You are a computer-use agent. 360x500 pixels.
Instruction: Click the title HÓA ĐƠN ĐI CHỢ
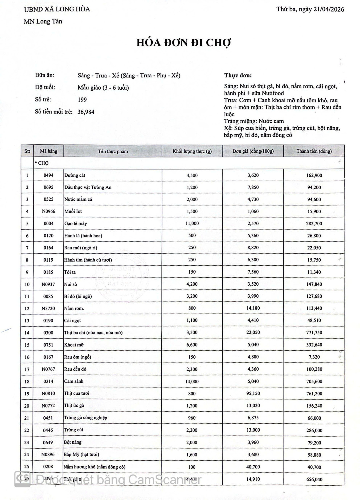184,43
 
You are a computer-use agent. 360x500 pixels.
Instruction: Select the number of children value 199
82,100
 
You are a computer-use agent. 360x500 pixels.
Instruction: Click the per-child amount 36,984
86,112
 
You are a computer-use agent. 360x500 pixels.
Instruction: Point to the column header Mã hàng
48,151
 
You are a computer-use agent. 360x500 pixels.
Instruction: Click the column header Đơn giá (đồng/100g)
253,151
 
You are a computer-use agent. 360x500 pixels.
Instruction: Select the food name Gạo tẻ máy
76,224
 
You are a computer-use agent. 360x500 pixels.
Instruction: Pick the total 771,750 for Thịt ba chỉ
314,333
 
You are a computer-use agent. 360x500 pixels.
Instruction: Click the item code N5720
48,308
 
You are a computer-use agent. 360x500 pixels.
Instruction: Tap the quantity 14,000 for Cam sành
192,381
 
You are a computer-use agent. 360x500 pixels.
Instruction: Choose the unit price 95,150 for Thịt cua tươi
253,394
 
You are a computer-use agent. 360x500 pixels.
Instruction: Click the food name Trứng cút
74,430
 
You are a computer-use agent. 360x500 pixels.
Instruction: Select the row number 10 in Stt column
27,284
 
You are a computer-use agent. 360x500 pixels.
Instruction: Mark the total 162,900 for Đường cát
314,175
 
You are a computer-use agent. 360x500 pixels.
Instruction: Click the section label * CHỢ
42,163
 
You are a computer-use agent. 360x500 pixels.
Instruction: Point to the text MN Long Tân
43,22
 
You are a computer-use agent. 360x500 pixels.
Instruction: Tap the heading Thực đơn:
238,76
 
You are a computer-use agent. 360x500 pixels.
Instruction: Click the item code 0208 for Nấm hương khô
48,467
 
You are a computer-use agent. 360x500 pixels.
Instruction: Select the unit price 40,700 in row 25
253,467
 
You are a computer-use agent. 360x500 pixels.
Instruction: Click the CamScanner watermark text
118,480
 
